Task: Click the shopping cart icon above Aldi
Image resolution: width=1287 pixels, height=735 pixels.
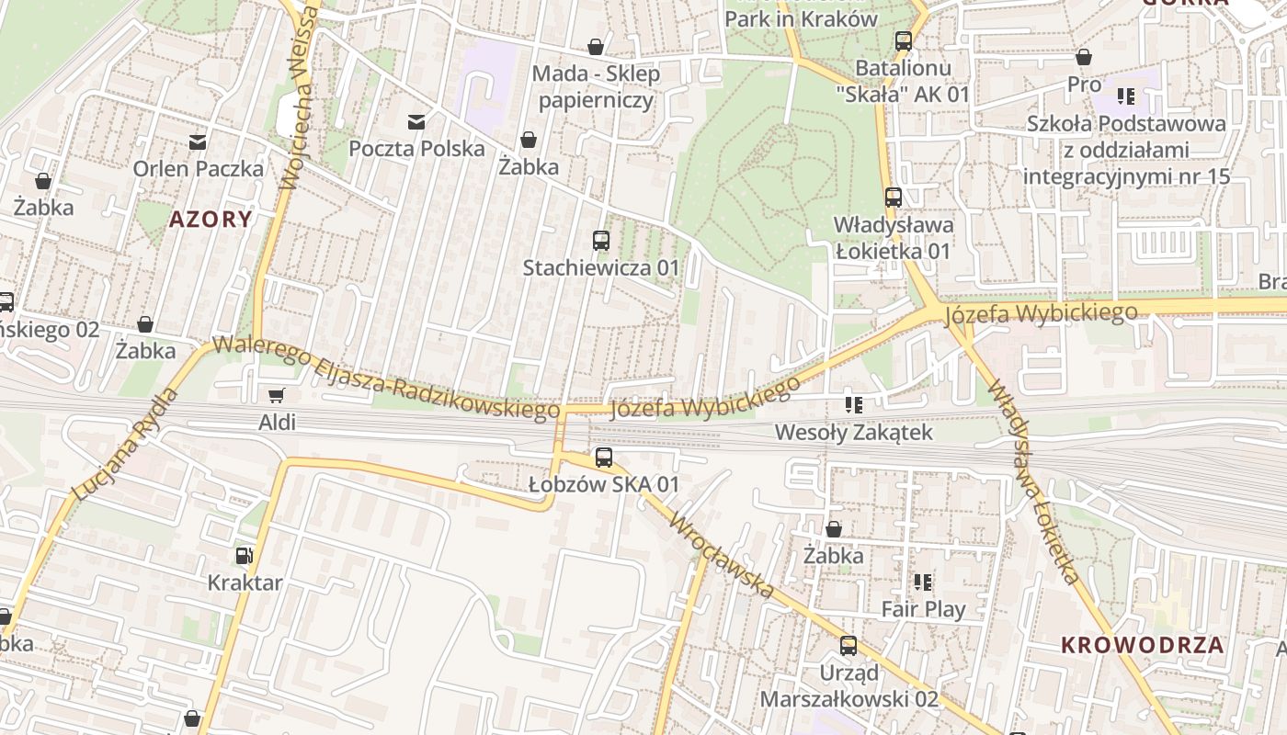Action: coord(275,396)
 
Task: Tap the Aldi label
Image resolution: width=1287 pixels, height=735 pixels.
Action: coord(278,423)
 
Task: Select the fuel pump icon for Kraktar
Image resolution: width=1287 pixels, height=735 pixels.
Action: coord(244,555)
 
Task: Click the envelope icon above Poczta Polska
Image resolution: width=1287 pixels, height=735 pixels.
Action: coord(416,121)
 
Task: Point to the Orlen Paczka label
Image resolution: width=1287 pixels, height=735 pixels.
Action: coord(199,169)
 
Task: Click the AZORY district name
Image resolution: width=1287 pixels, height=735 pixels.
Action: coord(211,219)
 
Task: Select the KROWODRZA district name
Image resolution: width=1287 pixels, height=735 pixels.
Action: coord(1143,645)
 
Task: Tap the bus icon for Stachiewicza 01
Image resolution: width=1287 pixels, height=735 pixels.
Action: coord(601,241)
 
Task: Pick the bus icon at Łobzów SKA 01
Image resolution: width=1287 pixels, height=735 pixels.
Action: coord(604,458)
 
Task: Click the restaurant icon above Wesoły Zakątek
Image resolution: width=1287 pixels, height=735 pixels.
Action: coord(853,404)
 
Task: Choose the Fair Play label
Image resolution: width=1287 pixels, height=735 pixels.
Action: coord(923,609)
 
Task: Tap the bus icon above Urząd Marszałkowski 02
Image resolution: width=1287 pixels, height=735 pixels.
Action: coord(849,646)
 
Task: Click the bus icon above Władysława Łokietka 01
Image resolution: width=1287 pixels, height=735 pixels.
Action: coord(893,197)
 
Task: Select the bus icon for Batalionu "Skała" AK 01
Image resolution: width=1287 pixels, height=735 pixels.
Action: coord(904,40)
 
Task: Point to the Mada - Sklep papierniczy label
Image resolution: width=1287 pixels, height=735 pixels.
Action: coord(598,87)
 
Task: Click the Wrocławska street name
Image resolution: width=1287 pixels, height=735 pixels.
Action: coord(723,557)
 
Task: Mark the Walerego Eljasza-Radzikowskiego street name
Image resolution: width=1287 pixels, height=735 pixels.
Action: coord(386,379)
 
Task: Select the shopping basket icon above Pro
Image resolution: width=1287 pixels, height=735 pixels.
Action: coord(1084,57)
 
